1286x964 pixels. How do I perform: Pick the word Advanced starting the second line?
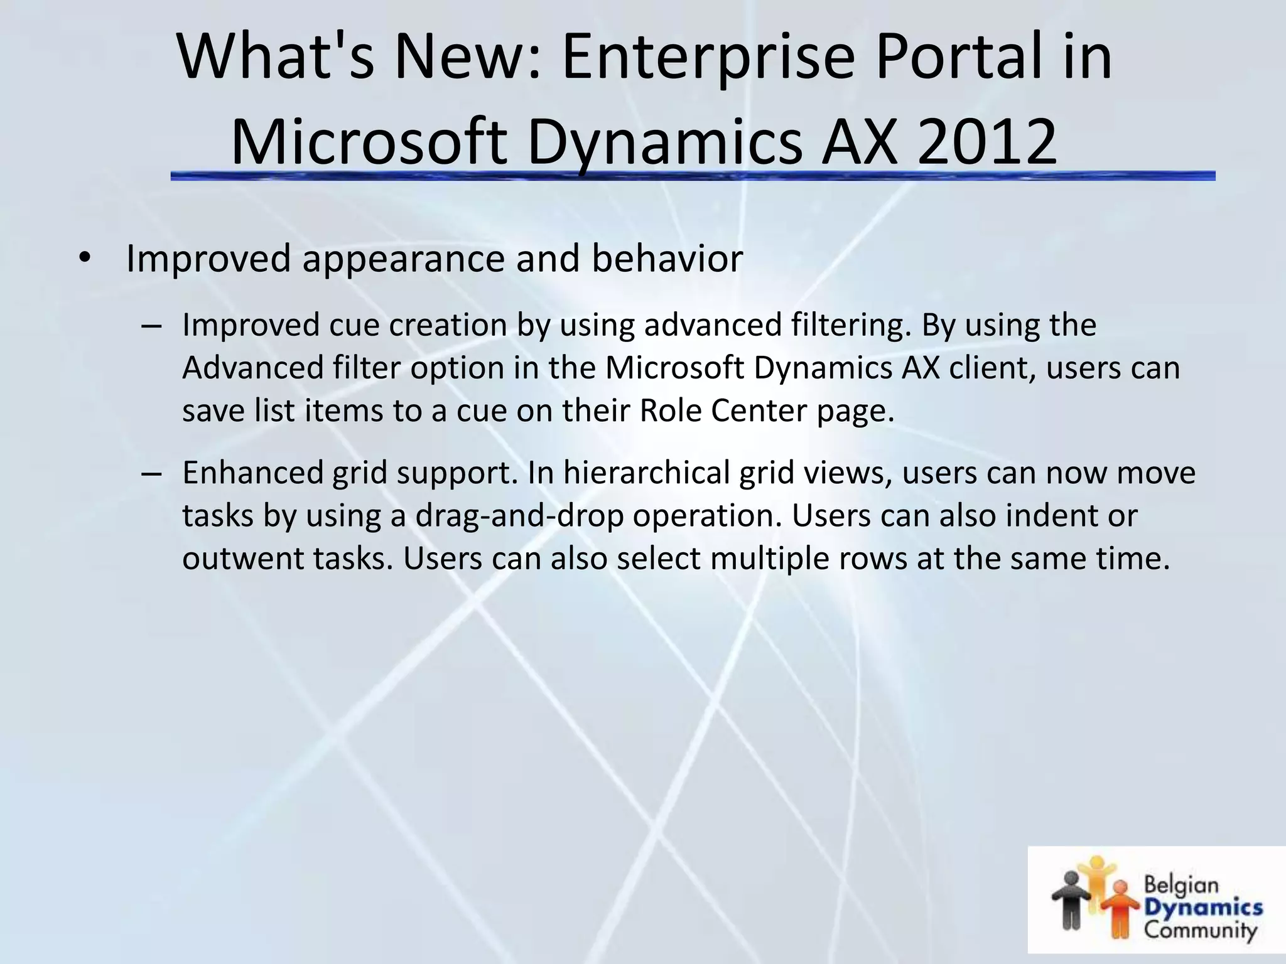[252, 368]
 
